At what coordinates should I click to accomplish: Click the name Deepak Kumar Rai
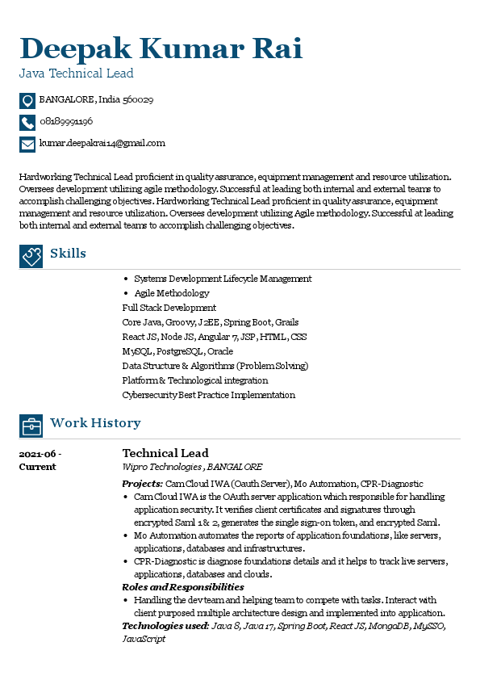click(161, 48)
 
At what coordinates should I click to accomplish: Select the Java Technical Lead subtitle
click(77, 73)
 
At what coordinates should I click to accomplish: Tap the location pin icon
click(27, 101)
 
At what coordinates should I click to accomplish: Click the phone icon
click(27, 123)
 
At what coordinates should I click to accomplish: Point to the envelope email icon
click(27, 145)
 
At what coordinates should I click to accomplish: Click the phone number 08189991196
click(66, 122)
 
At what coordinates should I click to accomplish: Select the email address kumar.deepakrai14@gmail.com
click(102, 143)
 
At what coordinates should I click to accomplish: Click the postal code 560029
click(137, 100)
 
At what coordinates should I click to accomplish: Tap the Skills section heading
click(68, 254)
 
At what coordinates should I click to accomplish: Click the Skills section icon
click(31, 256)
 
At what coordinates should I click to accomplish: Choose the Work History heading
click(95, 423)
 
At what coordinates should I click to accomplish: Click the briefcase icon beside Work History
click(31, 426)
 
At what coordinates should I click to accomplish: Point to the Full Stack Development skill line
click(169, 308)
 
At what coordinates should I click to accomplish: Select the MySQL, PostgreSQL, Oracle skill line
click(177, 351)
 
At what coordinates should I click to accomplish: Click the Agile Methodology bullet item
click(172, 293)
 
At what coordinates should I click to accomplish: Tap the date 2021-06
click(40, 454)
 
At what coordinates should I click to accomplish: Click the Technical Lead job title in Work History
click(165, 453)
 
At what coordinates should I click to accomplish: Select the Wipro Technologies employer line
click(192, 467)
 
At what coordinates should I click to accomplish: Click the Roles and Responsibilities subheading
click(183, 587)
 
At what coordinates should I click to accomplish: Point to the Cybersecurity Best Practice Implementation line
click(208, 395)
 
